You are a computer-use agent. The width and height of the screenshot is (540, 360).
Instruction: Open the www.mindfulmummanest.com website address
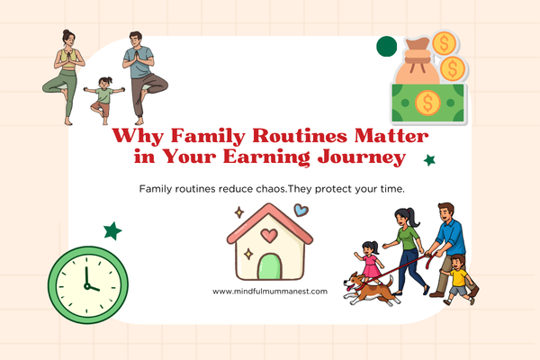coord(270,291)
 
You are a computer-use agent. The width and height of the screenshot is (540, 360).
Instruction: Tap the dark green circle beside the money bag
coord(387,47)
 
